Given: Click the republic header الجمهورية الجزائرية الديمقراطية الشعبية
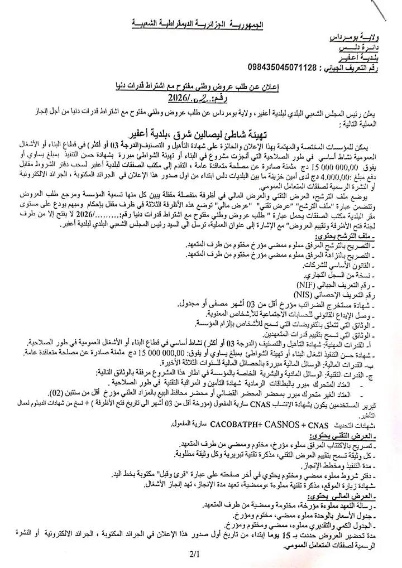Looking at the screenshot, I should point(200,25).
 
